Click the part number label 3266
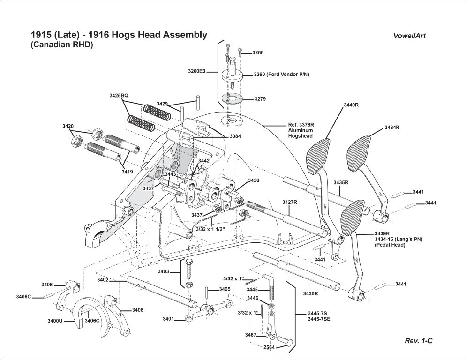tap(258, 53)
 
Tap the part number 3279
tap(260, 99)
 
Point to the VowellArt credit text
tap(410, 36)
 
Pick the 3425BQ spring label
tap(119, 95)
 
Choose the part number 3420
tap(68, 127)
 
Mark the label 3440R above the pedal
tap(351, 105)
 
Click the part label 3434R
tap(392, 127)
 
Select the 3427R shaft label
tap(290, 202)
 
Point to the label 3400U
tap(55, 321)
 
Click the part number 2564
tap(255, 347)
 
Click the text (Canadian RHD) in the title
tap(62, 45)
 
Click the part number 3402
tap(103, 280)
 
